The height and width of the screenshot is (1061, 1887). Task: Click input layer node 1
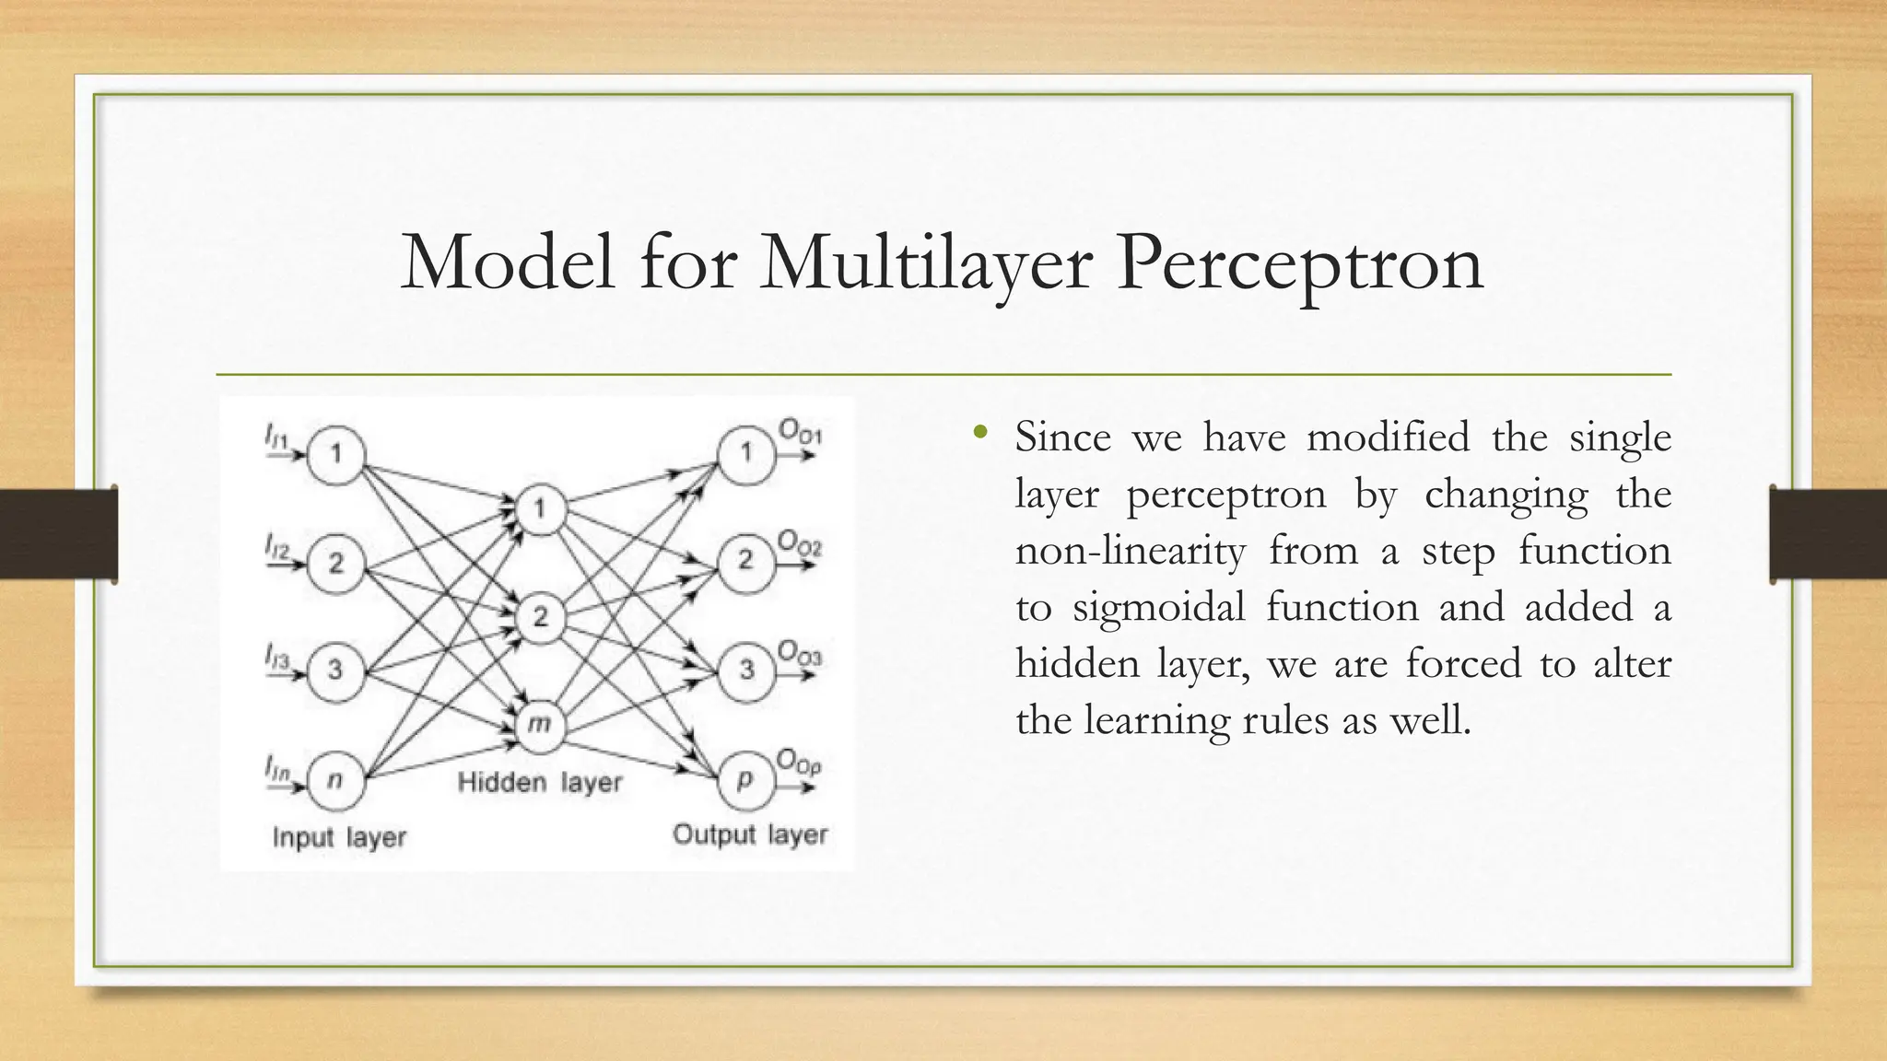(336, 454)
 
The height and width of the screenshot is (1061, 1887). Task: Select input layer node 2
(336, 563)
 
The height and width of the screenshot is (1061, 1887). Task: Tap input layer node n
(336, 780)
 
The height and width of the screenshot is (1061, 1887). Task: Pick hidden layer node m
(540, 725)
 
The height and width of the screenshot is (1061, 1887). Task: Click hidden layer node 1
(540, 508)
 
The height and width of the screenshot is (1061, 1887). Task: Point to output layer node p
(745, 780)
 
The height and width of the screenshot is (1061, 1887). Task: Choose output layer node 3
(745, 670)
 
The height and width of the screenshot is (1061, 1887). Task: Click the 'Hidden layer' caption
(540, 783)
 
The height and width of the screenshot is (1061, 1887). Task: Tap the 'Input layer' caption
(339, 837)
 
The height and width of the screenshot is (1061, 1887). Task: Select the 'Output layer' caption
(750, 834)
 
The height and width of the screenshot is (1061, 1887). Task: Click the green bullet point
(979, 432)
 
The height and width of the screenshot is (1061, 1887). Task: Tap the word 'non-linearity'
(1130, 552)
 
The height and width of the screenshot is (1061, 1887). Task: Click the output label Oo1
(799, 431)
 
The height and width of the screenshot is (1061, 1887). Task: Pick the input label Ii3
(277, 657)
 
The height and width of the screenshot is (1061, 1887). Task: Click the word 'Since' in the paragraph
(1062, 437)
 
